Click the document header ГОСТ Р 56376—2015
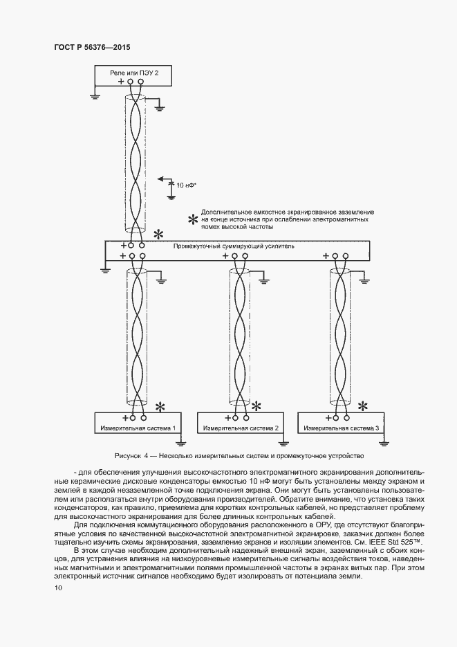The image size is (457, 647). [x=92, y=47]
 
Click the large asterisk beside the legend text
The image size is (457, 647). [x=193, y=219]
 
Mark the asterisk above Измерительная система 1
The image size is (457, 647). [x=160, y=405]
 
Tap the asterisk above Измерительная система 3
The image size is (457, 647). [x=362, y=405]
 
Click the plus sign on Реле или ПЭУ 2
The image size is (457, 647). [x=121, y=82]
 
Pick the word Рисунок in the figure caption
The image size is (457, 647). [x=128, y=456]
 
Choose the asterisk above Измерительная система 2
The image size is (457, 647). [x=257, y=405]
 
